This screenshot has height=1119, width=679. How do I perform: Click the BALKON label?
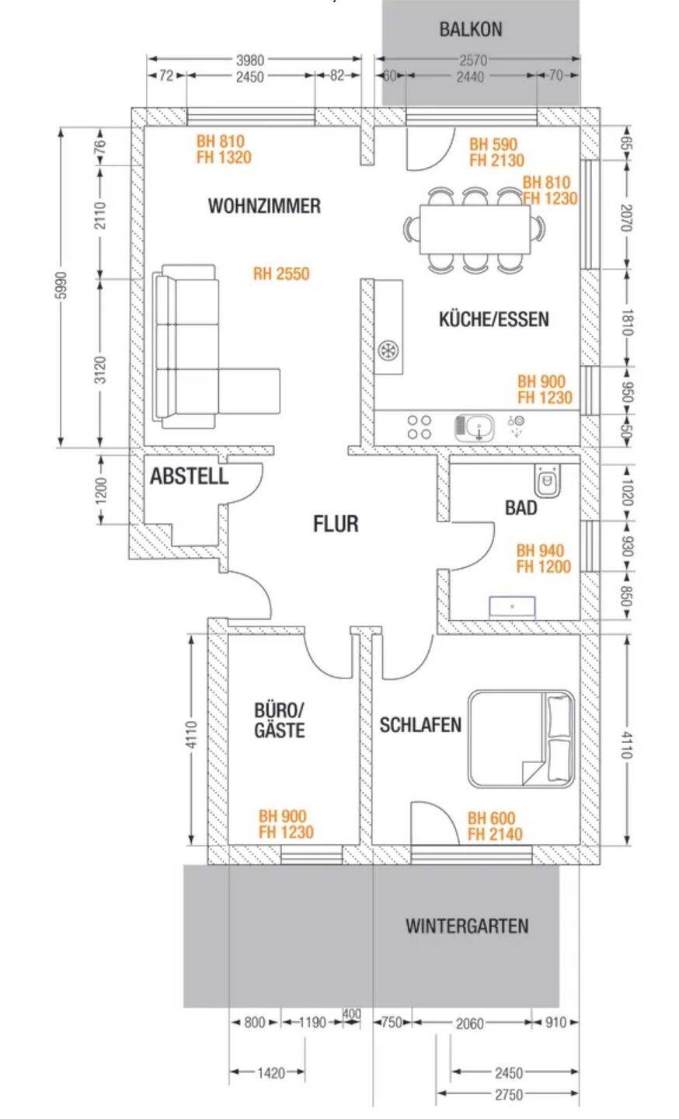coord(470,30)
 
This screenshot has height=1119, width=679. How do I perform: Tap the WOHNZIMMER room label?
coord(264,206)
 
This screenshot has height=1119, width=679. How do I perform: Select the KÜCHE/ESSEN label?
coord(494,319)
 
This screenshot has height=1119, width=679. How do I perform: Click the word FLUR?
coord(336,524)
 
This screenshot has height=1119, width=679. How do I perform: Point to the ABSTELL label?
coord(190,476)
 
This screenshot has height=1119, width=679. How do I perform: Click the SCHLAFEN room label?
coord(420,725)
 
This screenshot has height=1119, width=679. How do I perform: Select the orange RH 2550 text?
coord(281,274)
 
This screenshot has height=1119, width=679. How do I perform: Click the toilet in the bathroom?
coord(548,480)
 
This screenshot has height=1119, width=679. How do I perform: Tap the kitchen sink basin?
coord(474,428)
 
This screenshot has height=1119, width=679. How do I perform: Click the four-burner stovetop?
coord(420,427)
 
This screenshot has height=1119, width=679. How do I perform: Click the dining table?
coord(475,230)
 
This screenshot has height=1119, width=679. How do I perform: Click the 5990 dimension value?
coord(61,286)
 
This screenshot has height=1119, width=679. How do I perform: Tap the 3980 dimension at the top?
coord(249,61)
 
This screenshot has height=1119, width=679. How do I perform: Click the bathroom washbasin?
coord(512,606)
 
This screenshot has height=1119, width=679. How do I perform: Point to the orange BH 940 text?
coord(540,550)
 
